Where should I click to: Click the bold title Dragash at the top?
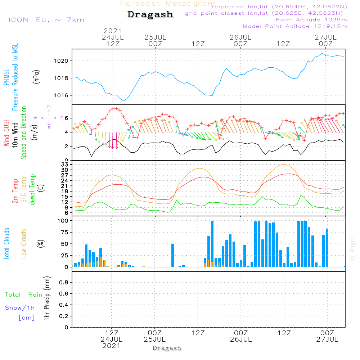click(150, 15)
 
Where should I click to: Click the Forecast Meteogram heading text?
click(168, 4)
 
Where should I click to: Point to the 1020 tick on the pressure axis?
click(61, 61)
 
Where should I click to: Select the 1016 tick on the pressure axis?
click(61, 95)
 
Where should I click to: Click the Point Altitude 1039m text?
click(311, 20)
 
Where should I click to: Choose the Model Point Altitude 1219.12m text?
click(295, 26)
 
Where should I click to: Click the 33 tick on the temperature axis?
click(64, 165)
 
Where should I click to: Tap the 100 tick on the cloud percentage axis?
click(63, 221)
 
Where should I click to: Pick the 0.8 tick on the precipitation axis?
click(63, 283)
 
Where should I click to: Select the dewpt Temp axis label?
click(33, 190)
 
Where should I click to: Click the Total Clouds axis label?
click(6, 244)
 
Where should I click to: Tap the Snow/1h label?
click(20, 308)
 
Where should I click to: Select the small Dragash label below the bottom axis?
click(167, 348)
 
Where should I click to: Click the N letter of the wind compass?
click(49, 107)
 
